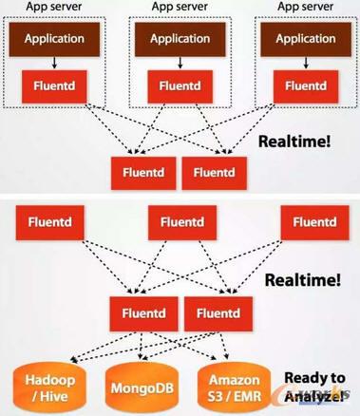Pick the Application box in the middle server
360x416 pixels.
180,40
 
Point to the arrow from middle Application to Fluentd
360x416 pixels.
180,63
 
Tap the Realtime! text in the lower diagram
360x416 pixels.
302,280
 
